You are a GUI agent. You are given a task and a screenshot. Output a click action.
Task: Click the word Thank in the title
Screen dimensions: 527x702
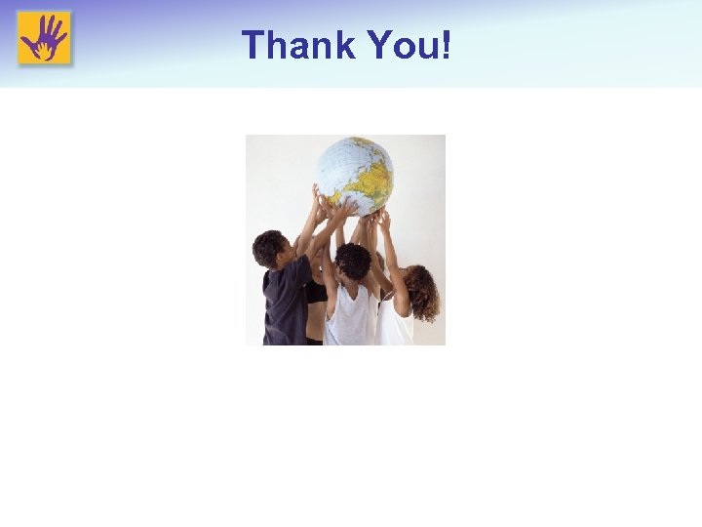(296, 45)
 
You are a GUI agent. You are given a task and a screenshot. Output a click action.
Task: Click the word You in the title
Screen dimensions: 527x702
(405, 45)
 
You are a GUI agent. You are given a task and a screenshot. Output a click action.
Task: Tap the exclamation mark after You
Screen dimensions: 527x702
(445, 45)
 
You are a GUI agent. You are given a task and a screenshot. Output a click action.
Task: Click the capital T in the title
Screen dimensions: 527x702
(253, 45)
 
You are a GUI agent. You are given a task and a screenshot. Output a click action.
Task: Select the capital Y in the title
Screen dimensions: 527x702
(377, 45)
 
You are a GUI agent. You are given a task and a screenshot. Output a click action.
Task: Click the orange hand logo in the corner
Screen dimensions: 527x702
(44, 38)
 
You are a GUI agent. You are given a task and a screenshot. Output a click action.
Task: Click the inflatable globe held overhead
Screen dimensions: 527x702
(354, 173)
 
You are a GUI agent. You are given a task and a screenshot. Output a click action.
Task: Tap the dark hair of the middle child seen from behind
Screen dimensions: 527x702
(353, 261)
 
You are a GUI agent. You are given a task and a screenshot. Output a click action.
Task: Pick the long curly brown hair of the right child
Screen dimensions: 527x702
(422, 293)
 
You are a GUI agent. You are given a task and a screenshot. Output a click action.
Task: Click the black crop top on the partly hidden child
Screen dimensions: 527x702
(317, 293)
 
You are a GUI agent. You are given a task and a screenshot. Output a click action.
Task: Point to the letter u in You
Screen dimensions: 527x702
(428, 47)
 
